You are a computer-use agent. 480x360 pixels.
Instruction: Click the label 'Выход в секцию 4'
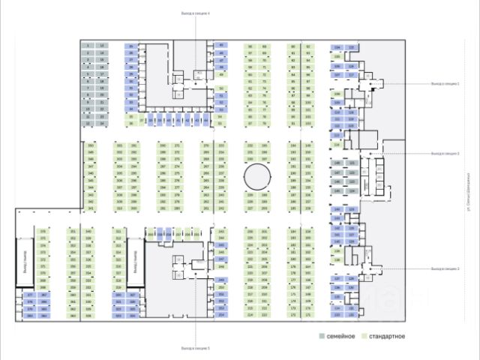(197, 13)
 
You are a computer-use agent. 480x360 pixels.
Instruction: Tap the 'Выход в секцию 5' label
(197, 349)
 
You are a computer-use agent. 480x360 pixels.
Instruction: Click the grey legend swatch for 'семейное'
(322, 336)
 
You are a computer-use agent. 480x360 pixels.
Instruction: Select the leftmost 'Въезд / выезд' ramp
(24, 259)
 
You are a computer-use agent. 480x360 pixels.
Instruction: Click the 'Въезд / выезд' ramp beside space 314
(134, 259)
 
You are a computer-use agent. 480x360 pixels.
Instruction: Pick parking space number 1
(88, 46)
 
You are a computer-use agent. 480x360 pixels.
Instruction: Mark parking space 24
(103, 123)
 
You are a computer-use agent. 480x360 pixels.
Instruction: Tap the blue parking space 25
(131, 46)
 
